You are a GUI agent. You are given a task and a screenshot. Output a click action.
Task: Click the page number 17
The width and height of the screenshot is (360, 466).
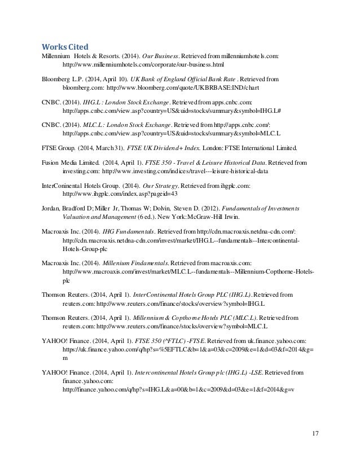point(315,433)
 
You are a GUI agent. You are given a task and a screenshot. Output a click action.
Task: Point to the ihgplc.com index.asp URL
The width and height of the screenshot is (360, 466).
point(120,194)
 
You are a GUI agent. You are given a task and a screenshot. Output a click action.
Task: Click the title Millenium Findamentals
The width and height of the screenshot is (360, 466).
point(136,263)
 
